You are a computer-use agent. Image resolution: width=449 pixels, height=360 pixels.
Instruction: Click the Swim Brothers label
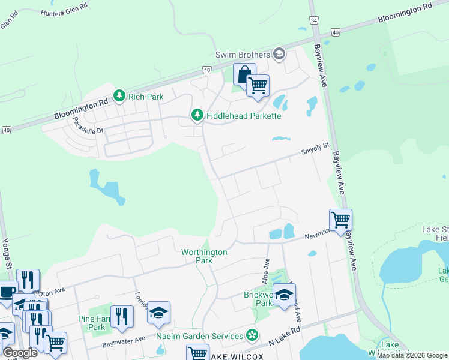(x=243, y=55)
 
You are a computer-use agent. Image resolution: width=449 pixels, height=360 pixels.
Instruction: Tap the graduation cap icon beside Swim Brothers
(x=279, y=55)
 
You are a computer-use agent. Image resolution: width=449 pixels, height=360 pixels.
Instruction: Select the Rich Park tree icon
(x=119, y=96)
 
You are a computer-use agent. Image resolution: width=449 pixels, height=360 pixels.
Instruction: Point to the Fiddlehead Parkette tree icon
(x=196, y=115)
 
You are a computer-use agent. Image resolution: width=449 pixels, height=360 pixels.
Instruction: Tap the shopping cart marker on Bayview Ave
(x=340, y=220)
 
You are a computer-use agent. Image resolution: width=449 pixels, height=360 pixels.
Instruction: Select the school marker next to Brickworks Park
(x=284, y=294)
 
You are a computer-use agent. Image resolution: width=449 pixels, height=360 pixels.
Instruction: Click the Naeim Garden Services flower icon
(x=253, y=335)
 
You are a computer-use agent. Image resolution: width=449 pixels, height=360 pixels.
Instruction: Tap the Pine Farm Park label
(x=92, y=323)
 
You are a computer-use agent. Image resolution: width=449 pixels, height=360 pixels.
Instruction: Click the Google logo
(x=20, y=353)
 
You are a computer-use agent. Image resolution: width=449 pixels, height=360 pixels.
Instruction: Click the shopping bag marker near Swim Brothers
(x=244, y=75)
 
